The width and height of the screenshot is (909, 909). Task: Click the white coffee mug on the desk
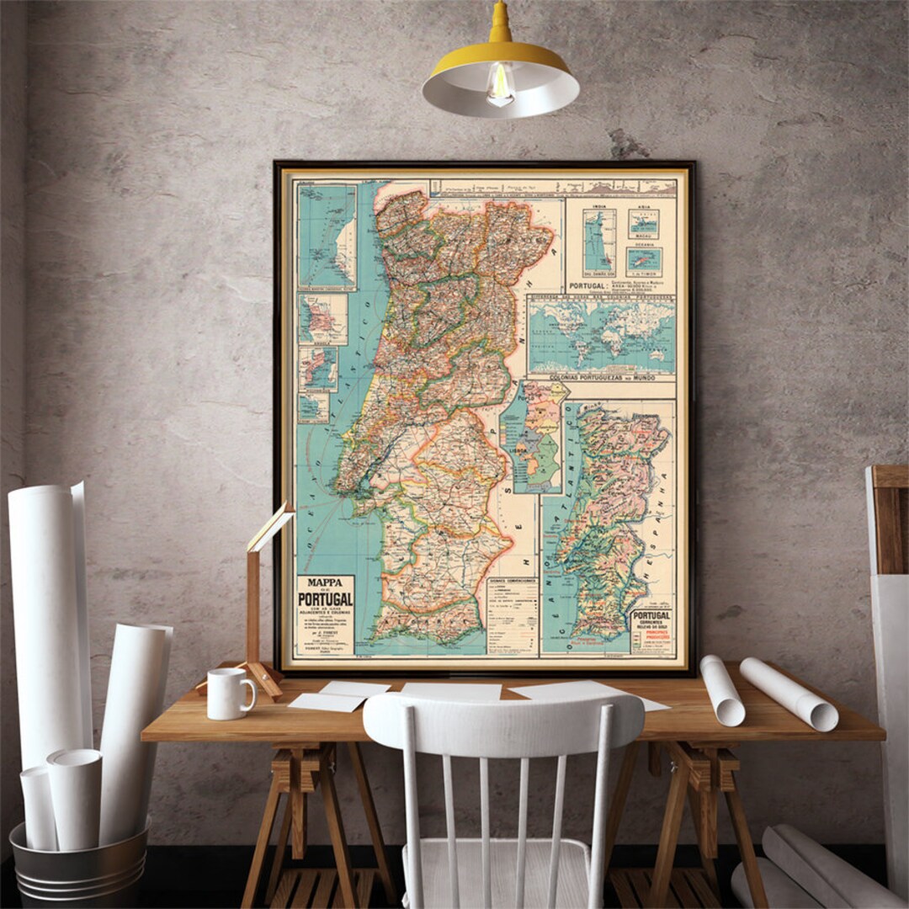(x=227, y=694)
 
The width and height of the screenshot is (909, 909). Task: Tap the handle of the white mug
(x=248, y=693)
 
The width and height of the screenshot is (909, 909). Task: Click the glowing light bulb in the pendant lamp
(x=500, y=85)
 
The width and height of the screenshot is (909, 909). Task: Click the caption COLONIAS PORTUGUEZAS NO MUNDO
(x=601, y=379)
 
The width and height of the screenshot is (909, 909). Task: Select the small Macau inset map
(x=644, y=224)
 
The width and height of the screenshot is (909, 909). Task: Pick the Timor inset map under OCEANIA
(x=644, y=260)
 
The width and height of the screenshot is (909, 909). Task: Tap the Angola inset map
(x=322, y=319)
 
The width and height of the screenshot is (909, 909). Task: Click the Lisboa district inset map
(x=534, y=438)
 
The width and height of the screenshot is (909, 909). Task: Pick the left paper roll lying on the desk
(x=722, y=690)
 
